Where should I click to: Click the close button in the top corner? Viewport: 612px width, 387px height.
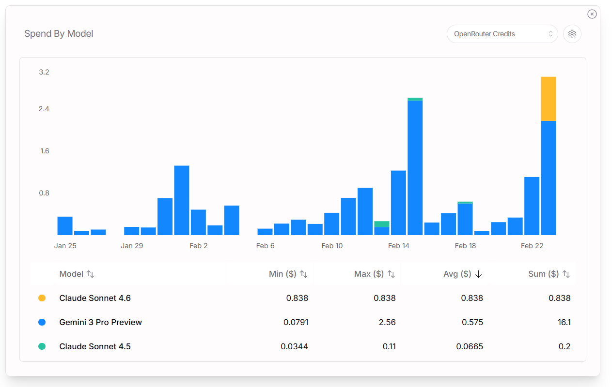tap(592, 14)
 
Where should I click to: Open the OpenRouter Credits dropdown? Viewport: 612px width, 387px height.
tap(502, 34)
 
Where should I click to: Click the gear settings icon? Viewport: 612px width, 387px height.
tap(572, 34)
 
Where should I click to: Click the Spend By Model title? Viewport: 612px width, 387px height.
tap(59, 34)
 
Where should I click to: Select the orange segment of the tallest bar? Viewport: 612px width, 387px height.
tap(548, 99)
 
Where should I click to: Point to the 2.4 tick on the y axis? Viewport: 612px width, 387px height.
tap(44, 109)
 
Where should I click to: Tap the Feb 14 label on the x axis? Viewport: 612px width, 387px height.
tap(398, 246)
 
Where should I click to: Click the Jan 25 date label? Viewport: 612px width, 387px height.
tap(65, 246)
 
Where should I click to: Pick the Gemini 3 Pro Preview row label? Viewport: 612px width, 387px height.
tap(100, 322)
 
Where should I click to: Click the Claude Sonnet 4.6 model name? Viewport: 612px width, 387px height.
tap(95, 298)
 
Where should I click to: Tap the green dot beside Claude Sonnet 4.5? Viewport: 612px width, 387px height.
tap(42, 346)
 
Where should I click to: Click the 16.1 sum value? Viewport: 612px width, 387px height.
tap(564, 322)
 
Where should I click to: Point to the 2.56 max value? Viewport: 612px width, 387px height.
tap(387, 322)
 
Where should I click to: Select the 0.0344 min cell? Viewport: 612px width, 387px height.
tap(294, 346)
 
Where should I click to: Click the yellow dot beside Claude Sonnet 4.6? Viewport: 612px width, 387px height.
tap(42, 298)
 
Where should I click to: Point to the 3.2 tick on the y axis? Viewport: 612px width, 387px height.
tap(44, 72)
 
